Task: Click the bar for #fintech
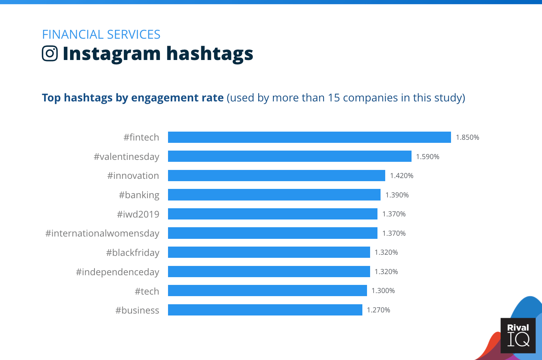point(309,137)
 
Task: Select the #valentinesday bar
point(290,156)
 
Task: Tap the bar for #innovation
point(276,176)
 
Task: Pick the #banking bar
point(274,195)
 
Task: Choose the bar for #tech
point(267,291)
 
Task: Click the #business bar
point(265,310)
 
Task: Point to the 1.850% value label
point(467,137)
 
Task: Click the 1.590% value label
point(427,157)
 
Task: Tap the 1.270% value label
point(378,310)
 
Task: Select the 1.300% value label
point(383,291)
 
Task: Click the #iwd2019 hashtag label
point(138,214)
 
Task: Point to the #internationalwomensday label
point(102,233)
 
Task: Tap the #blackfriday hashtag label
point(133,253)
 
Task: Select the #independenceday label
point(118,272)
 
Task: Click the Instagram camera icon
point(50,53)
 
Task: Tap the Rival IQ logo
point(518,335)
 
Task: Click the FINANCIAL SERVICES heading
point(101,34)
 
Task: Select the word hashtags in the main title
point(210,53)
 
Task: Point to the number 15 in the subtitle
point(333,98)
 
